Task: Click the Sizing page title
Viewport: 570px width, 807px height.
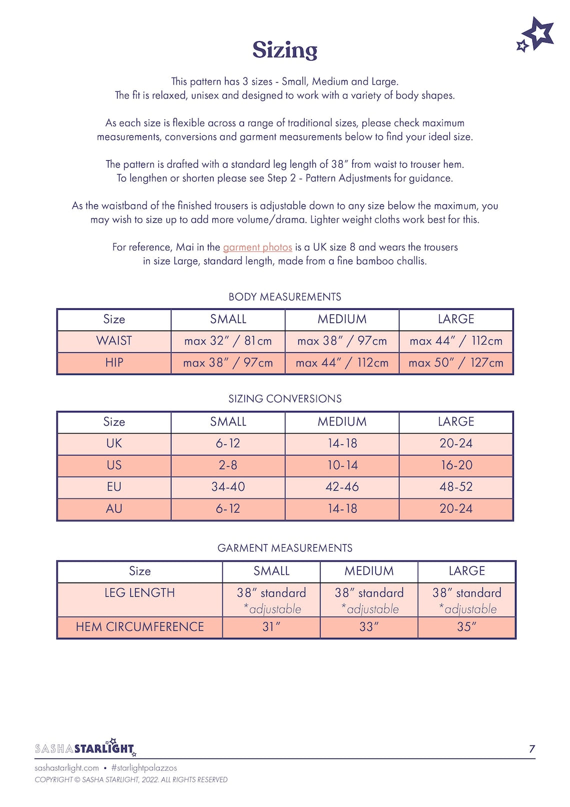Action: coord(284,50)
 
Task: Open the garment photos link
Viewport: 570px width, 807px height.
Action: coord(257,247)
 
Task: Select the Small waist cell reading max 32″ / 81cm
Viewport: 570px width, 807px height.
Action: coord(228,341)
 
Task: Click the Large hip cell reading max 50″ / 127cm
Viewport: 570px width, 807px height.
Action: coord(456,362)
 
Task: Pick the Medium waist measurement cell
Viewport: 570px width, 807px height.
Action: coord(342,341)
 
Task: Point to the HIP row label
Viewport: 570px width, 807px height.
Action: coord(114,362)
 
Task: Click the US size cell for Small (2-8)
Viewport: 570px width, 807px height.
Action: coord(228,465)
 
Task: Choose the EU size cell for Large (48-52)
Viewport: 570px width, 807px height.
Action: coord(456,487)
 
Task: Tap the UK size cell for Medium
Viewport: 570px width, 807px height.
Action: coord(342,444)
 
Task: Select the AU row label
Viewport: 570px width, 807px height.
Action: coord(114,509)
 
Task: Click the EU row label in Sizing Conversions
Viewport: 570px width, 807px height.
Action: coord(114,487)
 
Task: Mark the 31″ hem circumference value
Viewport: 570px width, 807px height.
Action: coord(271,627)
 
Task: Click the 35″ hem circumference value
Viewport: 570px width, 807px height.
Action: coord(466,627)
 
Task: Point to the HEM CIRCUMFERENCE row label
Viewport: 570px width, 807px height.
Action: coord(140,627)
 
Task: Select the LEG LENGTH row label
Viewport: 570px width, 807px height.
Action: coord(140,593)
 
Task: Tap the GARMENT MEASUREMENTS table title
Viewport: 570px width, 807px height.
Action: coord(284,548)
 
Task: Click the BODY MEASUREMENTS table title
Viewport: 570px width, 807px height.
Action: coord(284,297)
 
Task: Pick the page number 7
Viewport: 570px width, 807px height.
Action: coord(532,749)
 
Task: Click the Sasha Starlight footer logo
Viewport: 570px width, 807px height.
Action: coord(85,748)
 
